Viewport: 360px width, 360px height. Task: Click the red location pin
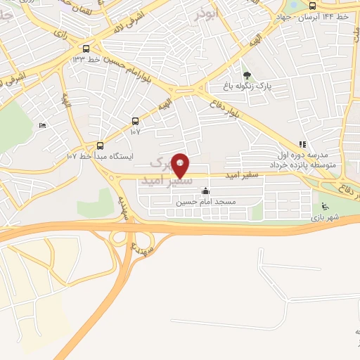click(x=181, y=165)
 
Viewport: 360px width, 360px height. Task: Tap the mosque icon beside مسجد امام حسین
click(x=205, y=191)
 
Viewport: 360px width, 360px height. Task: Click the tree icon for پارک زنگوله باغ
click(x=246, y=75)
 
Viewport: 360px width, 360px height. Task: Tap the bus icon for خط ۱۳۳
click(x=86, y=49)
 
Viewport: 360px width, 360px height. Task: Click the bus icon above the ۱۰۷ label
click(x=135, y=121)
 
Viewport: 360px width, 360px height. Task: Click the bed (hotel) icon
click(x=42, y=125)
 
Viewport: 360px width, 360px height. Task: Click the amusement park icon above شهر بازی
click(x=324, y=206)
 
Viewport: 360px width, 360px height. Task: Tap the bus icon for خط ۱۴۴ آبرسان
click(x=312, y=6)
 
